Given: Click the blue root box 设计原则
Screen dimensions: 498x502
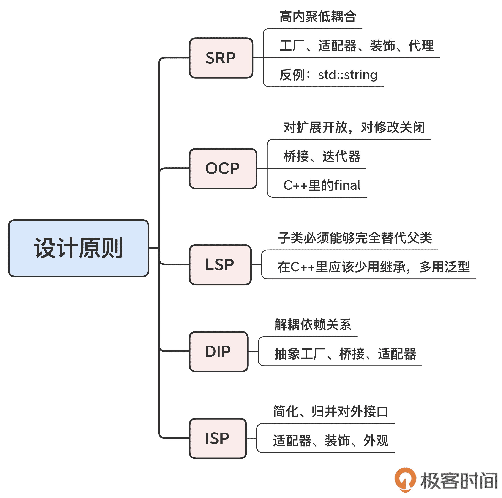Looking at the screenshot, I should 79,248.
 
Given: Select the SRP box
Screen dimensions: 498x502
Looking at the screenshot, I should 221,58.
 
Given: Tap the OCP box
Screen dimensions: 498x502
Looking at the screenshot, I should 223,169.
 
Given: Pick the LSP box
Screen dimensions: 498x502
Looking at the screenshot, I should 220,264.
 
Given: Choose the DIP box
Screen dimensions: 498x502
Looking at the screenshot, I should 219,351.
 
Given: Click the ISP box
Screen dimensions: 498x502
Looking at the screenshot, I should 218,438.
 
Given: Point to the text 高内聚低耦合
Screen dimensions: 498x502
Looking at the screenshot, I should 318,17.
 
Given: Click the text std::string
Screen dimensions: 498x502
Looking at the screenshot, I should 348,75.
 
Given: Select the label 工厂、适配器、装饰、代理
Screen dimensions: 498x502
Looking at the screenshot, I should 357,46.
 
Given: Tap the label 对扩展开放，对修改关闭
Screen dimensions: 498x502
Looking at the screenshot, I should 354,127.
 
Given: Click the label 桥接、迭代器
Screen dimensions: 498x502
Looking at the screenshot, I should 322,156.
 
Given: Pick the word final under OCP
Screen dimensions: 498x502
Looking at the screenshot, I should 347,185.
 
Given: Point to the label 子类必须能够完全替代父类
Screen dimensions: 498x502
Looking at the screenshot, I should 355,238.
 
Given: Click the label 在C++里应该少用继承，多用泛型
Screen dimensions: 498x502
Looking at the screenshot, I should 374,267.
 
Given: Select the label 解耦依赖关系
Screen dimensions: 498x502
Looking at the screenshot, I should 313,325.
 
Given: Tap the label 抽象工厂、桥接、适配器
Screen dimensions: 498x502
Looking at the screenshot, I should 345,354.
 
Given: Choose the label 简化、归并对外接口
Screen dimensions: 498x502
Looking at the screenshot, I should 330,412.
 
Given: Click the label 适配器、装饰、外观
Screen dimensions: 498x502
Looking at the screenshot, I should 330,441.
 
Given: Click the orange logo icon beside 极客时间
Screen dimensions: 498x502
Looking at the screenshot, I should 405,479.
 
